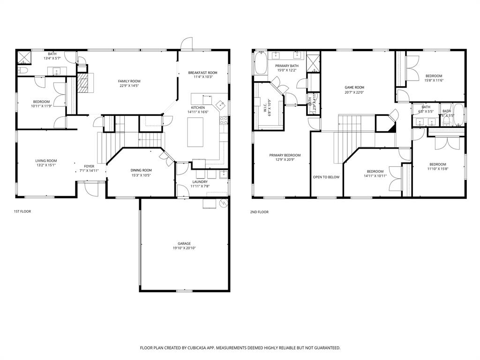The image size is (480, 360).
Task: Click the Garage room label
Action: tap(184, 243)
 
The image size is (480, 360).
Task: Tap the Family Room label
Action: tap(129, 81)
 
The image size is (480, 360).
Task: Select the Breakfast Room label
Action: tap(202, 73)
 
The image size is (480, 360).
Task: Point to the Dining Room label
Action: tap(141, 170)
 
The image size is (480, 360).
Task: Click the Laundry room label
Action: tap(200, 182)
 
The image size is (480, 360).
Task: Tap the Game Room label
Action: tap(354, 87)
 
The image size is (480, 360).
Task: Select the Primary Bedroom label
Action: tap(285, 155)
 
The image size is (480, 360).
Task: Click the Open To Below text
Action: tap(326, 177)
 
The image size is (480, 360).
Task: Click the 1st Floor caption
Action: tap(22, 211)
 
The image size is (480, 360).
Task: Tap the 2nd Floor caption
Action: tap(259, 212)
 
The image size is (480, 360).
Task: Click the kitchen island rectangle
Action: tap(195, 133)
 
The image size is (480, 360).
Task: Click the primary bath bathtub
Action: tap(260, 63)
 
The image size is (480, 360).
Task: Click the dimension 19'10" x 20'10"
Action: tap(184, 248)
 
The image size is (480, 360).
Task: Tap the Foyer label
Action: tap(89, 166)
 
